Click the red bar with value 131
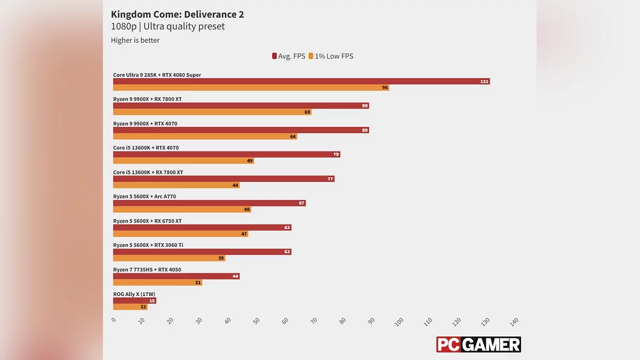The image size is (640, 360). click(301, 82)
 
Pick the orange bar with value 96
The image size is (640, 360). click(251, 87)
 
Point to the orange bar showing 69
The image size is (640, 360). click(212, 112)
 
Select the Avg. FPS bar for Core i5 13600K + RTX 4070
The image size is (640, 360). click(226, 155)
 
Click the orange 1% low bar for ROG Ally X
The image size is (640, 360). click(130, 307)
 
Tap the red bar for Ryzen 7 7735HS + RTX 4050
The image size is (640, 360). click(176, 276)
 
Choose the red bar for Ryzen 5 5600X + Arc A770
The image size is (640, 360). click(209, 203)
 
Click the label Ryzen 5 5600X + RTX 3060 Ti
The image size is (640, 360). click(148, 245)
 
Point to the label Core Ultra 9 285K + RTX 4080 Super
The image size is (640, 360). click(157, 75)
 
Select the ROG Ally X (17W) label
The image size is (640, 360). click(134, 294)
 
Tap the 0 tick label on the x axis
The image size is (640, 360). click(114, 320)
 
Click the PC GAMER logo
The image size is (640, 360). click(478, 345)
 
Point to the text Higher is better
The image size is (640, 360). click(135, 40)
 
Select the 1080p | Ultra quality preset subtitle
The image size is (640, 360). click(167, 27)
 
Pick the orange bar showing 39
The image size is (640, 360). click(169, 258)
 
